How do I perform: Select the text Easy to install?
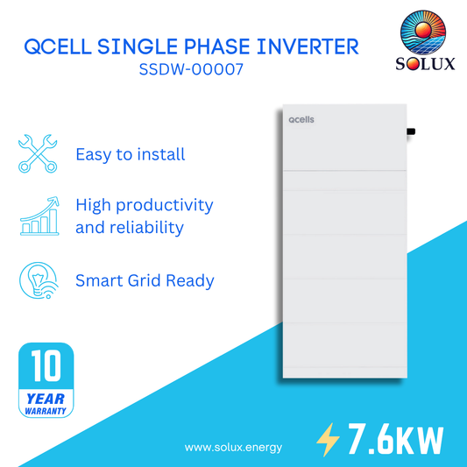pos(130,154)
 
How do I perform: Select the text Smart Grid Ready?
pos(145,280)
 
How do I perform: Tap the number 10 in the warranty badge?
pos(45,367)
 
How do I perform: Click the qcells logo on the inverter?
pos(301,125)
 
